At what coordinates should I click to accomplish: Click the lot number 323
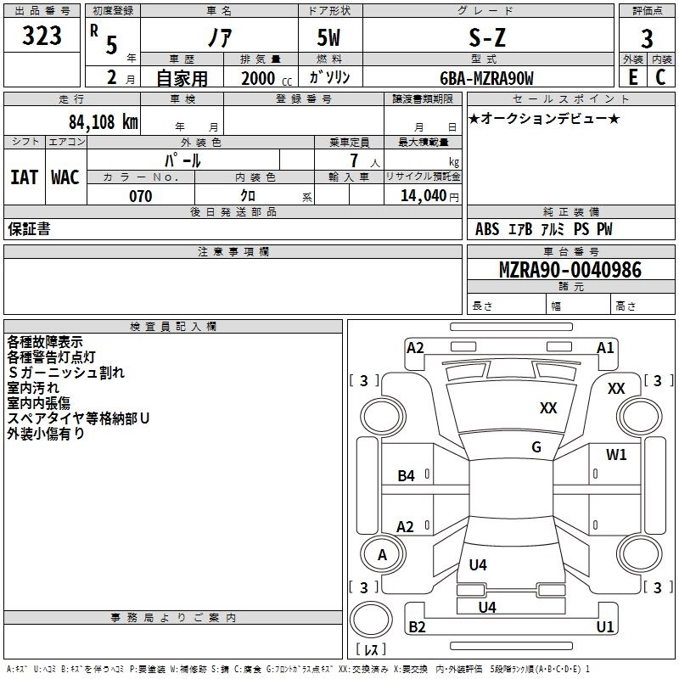(x=42, y=36)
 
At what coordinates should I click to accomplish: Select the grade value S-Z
(x=490, y=36)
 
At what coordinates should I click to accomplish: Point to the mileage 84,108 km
(x=104, y=121)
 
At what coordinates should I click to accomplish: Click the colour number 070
(x=140, y=196)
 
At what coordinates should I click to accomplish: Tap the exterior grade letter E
(x=632, y=77)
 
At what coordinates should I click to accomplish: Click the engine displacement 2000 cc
(x=263, y=78)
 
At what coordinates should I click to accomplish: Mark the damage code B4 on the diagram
(x=407, y=476)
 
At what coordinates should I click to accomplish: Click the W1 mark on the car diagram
(x=616, y=455)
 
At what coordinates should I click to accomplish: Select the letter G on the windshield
(x=536, y=447)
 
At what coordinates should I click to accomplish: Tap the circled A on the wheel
(x=382, y=555)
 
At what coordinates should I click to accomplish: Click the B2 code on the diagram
(x=417, y=627)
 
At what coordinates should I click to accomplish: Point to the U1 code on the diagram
(x=604, y=627)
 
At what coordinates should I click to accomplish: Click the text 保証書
(x=29, y=229)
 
